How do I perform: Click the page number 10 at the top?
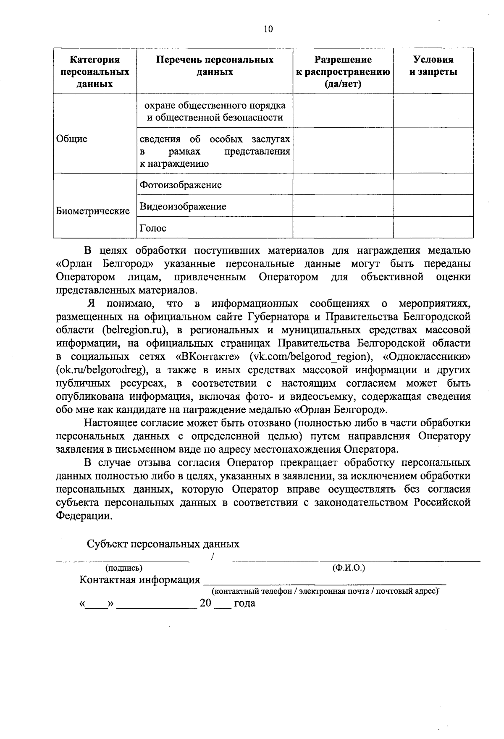coord(268,29)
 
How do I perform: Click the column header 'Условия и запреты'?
coord(433,66)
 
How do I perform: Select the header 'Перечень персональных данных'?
coord(215,66)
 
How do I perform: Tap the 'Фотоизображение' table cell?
coord(181,185)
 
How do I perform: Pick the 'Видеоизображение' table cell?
coord(183,207)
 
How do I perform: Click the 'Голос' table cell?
coord(153,228)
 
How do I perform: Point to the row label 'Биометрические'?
coord(93,211)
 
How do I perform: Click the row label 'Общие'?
coord(71,139)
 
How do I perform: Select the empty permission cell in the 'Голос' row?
coord(343,228)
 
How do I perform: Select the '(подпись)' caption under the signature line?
coord(124,568)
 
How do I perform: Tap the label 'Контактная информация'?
coord(140,580)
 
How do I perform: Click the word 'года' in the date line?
coord(244,604)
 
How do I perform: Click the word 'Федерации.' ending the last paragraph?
coord(84,516)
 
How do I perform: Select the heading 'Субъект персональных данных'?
coord(163,544)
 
